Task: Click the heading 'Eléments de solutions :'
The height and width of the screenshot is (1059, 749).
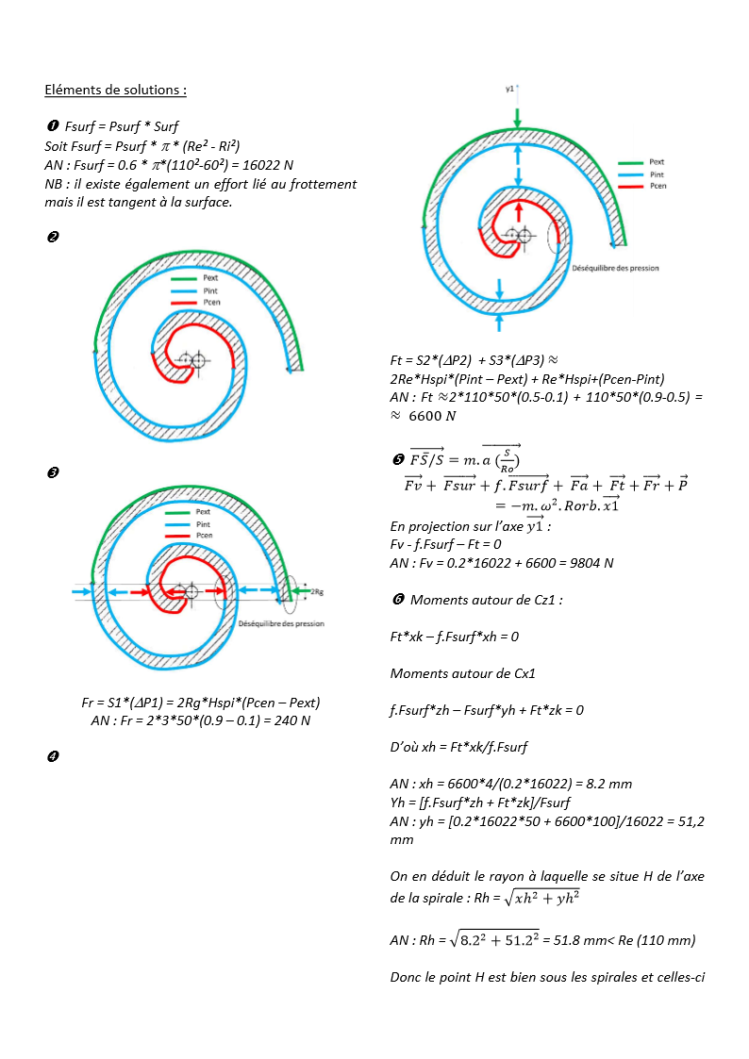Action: click(115, 91)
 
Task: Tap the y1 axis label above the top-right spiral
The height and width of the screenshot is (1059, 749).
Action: click(509, 88)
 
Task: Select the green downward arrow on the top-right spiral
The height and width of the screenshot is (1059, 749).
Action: click(517, 116)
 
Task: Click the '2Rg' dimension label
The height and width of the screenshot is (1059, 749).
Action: click(318, 592)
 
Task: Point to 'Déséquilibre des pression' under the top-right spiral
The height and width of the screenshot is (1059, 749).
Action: click(615, 268)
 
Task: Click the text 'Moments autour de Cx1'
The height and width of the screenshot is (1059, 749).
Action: click(462, 673)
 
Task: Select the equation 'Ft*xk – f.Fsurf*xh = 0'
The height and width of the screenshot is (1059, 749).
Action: click(454, 637)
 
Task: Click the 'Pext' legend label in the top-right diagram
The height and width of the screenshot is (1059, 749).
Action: click(657, 162)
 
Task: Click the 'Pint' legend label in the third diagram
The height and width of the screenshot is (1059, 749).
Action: click(203, 524)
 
